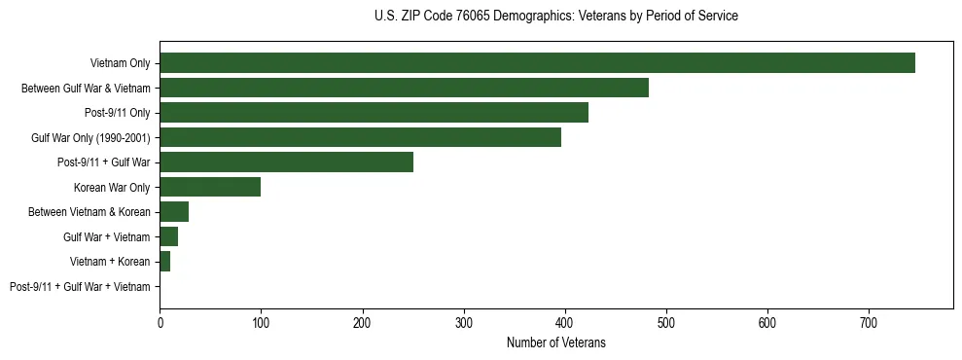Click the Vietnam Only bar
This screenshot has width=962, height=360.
[x=537, y=63]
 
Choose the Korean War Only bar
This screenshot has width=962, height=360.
[x=210, y=187]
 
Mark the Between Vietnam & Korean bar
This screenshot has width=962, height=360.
[x=174, y=212]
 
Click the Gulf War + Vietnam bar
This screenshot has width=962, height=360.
[x=168, y=236]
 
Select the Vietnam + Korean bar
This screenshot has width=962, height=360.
[x=164, y=262]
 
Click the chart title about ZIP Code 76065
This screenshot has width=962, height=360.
[x=555, y=17]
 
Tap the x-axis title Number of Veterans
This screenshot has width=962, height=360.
[x=555, y=342]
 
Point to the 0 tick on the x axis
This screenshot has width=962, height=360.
[x=160, y=322]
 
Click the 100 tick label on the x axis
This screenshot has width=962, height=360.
[x=261, y=322]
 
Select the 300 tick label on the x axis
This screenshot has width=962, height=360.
[x=464, y=322]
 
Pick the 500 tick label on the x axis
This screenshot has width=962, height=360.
[x=666, y=322]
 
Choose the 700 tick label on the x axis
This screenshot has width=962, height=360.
[x=869, y=322]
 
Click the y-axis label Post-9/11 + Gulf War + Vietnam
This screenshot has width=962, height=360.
[x=80, y=287]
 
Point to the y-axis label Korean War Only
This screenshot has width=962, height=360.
[x=112, y=188]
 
